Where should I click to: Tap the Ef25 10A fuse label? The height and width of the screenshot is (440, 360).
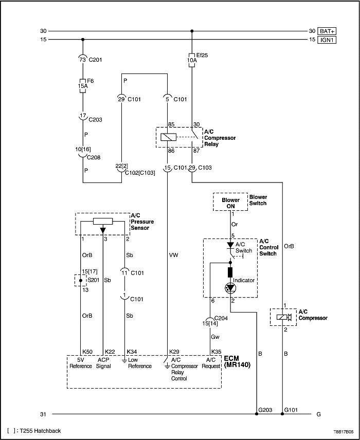[192, 57]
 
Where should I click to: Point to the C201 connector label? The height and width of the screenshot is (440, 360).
[95, 60]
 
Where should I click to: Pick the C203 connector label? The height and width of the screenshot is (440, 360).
[95, 119]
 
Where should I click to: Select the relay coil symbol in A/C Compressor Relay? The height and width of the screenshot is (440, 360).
[169, 137]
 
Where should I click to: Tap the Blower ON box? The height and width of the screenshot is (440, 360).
[230, 202]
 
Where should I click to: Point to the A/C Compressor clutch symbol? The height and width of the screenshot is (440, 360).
[283, 318]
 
